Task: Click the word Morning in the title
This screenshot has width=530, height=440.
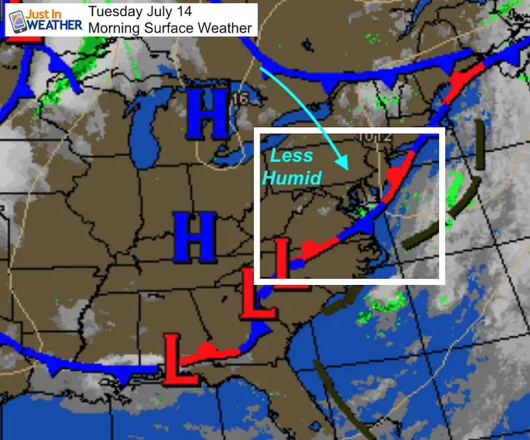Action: pyautogui.click(x=113, y=28)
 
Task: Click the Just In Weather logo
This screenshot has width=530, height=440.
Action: pyautogui.click(x=44, y=20)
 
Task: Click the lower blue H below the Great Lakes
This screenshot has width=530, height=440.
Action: pyautogui.click(x=195, y=237)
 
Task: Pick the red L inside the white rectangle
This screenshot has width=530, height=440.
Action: pyautogui.click(x=282, y=258)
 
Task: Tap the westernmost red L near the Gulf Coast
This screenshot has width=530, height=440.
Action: pyautogui.click(x=180, y=358)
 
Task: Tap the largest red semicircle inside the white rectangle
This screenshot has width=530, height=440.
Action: pyautogui.click(x=395, y=175)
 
